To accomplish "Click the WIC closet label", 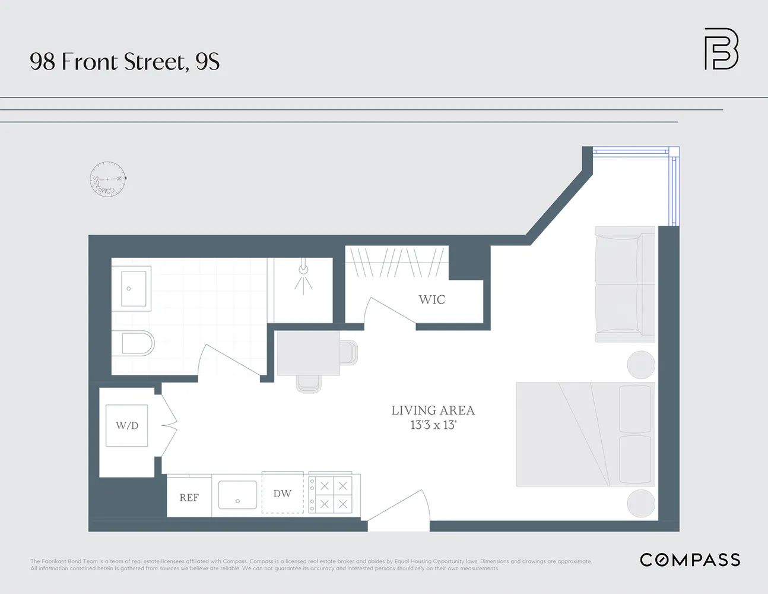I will click(431, 299).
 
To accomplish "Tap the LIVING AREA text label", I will click(433, 410).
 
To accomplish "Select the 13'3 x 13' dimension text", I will click(433, 425).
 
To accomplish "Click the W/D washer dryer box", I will click(127, 425).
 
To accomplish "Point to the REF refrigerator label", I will click(189, 498).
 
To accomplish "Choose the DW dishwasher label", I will click(282, 494).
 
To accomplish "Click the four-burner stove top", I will click(334, 494).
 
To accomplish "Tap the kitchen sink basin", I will click(237, 495).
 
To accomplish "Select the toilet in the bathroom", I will click(138, 343).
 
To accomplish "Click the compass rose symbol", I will click(108, 179).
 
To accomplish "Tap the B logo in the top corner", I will click(721, 49).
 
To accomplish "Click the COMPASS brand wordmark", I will click(690, 560).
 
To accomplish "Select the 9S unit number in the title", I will click(207, 62).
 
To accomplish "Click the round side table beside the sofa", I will click(641, 364).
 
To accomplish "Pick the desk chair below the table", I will click(309, 384).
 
